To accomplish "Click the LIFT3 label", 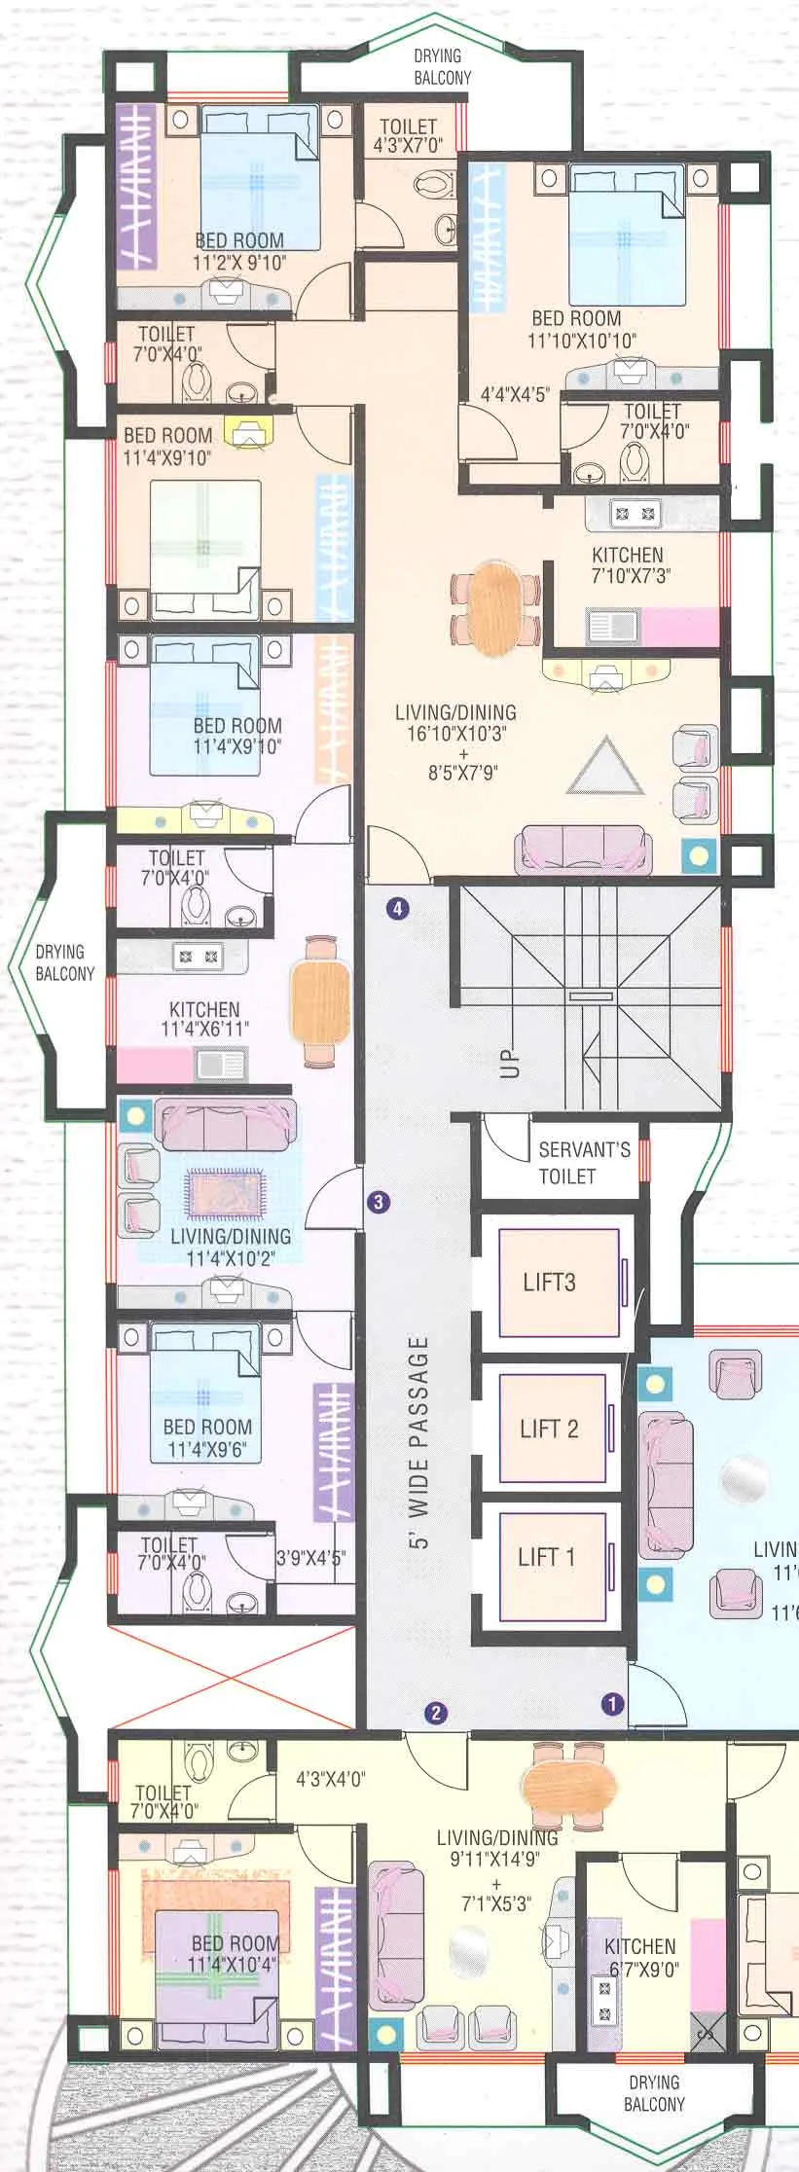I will point(549,1282).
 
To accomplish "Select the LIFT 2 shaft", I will point(551,1428).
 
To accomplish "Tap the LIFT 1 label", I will point(546,1556).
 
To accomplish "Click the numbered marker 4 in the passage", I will point(397,909).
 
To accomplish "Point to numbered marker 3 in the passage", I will point(379,1202).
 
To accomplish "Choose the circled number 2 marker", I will point(436,1714).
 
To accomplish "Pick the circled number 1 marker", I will point(612,1703).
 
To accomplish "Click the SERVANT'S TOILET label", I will point(583,1162).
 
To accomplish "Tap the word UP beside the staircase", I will point(510,1065).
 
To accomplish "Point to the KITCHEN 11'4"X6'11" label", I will point(204,1019).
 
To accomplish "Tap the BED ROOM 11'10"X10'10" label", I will point(581,329).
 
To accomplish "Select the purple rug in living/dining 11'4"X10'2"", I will point(225,1194).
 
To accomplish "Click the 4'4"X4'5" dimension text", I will point(515,395).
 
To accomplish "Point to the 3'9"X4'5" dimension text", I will point(309,1557).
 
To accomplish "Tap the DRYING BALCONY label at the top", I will point(442,66).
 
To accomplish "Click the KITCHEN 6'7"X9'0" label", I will point(640,1957).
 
